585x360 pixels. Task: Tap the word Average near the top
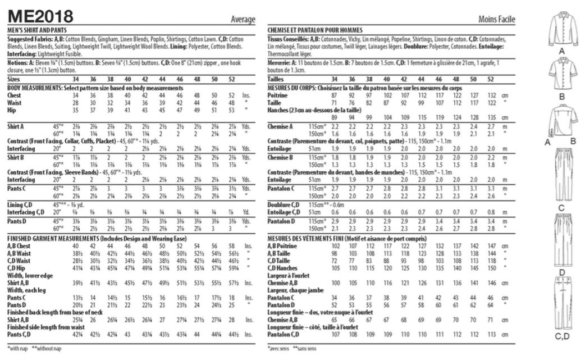[x=244, y=20]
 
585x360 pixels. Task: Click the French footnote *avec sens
[x=278, y=348]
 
